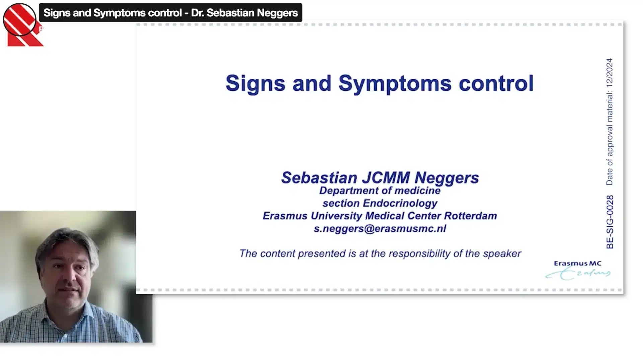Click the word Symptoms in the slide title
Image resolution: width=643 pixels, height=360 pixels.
(395, 84)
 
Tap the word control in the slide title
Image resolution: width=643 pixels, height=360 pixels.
(496, 83)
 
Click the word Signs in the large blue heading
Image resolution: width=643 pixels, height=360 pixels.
(256, 84)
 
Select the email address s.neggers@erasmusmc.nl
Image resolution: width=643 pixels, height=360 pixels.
(380, 229)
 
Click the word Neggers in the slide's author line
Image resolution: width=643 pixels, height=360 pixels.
(447, 178)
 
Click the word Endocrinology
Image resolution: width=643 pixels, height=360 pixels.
(400, 203)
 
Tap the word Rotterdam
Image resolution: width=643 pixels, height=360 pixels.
(471, 216)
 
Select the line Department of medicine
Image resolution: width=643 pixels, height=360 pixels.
(380, 191)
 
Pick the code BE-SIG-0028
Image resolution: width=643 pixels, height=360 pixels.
(610, 222)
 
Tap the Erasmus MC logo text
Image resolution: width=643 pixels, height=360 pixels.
(578, 264)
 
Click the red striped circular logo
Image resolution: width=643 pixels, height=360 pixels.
(20, 20)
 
